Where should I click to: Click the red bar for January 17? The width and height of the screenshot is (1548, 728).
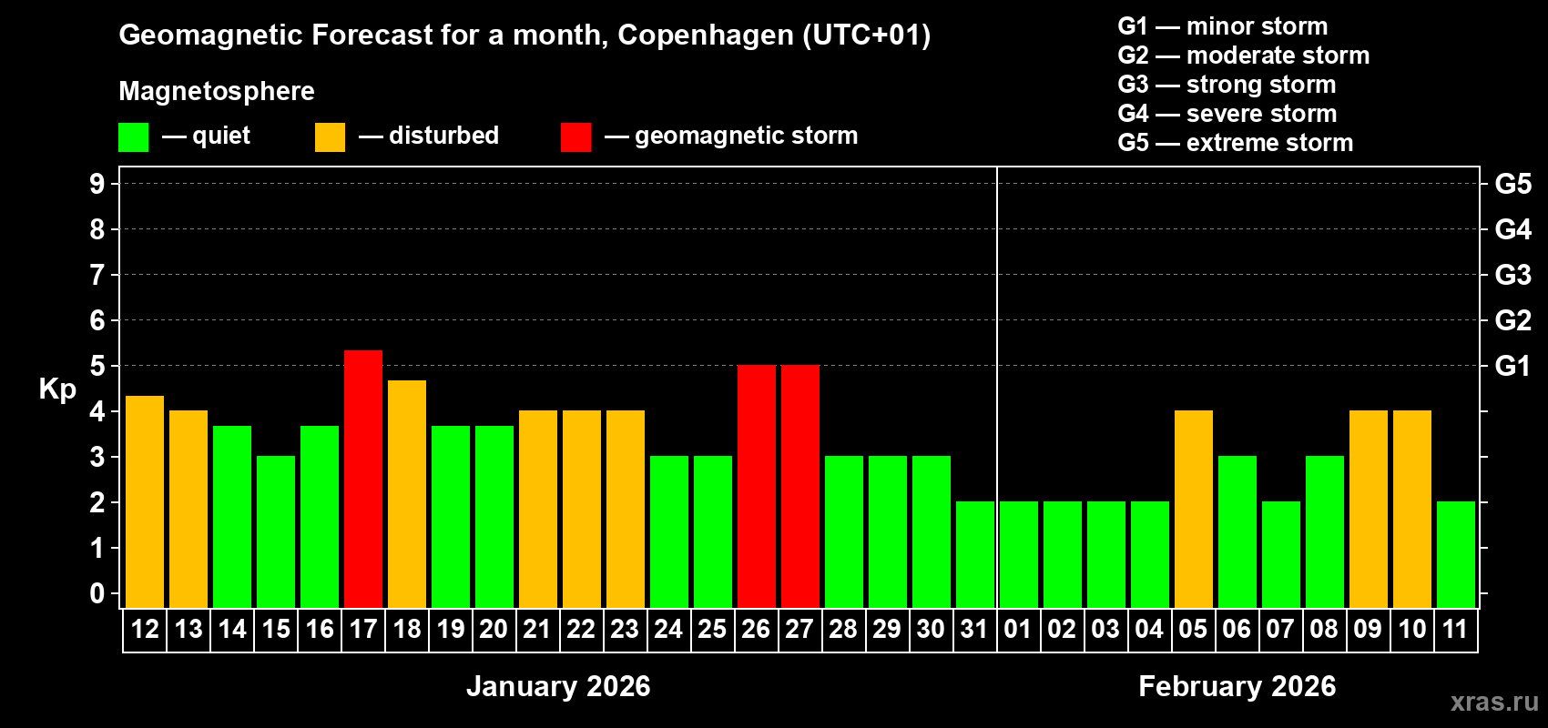pyautogui.click(x=363, y=479)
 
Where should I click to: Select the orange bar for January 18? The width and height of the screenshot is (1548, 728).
pyautogui.click(x=407, y=494)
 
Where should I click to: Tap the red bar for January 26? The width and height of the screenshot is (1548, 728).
pyautogui.click(x=757, y=486)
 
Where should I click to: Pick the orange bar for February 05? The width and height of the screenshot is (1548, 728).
pyautogui.click(x=1194, y=509)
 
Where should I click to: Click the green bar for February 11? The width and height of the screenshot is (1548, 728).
pyautogui.click(x=1456, y=554)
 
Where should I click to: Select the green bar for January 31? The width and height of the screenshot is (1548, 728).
pyautogui.click(x=975, y=554)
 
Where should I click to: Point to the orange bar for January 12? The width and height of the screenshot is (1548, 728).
pyautogui.click(x=145, y=501)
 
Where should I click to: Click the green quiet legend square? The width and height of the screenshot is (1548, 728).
pyautogui.click(x=134, y=137)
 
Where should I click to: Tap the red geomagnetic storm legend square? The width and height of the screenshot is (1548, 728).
pyautogui.click(x=575, y=137)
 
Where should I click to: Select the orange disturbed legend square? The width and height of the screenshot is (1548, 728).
pyautogui.click(x=330, y=137)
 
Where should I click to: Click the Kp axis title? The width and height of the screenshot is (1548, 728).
pyautogui.click(x=57, y=389)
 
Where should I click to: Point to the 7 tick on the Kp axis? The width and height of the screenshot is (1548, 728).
pyautogui.click(x=97, y=275)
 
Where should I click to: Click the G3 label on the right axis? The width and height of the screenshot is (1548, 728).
pyautogui.click(x=1512, y=275)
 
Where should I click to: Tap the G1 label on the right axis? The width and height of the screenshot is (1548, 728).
pyautogui.click(x=1512, y=366)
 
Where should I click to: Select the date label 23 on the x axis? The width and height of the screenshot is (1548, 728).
pyautogui.click(x=625, y=629)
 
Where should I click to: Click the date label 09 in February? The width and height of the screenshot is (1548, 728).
pyautogui.click(x=1368, y=629)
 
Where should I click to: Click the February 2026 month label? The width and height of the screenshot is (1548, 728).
pyautogui.click(x=1237, y=686)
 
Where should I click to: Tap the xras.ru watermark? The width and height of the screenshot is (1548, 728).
pyautogui.click(x=1494, y=701)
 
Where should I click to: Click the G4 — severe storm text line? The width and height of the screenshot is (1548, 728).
pyautogui.click(x=1227, y=114)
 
